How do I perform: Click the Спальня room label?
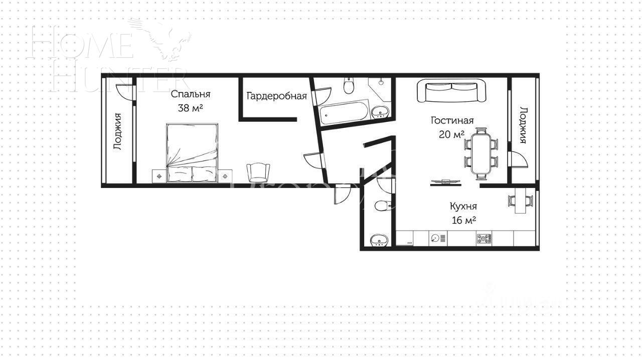190,94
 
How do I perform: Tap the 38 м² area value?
190,108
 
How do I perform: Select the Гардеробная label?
276,96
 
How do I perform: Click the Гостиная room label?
452,120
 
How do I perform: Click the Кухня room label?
463,206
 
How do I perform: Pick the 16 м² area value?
463,220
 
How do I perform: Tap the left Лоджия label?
118,131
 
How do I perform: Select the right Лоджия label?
523,125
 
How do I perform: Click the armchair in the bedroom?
258,172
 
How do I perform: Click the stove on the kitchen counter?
484,239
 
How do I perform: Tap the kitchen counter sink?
436,239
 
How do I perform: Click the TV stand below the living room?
445,182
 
